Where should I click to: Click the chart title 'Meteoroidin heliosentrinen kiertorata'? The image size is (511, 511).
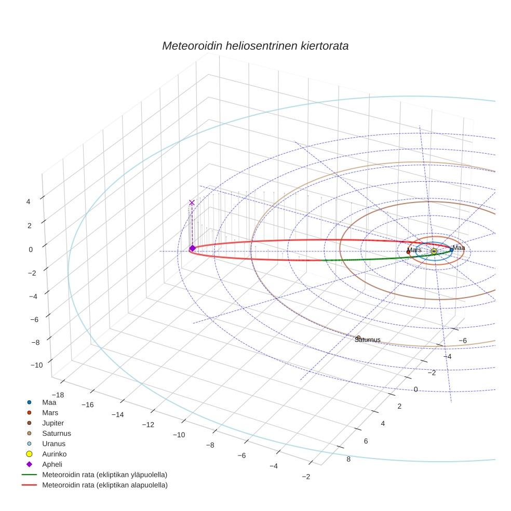click(x=255, y=46)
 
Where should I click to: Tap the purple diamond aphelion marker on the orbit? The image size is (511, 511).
click(x=192, y=248)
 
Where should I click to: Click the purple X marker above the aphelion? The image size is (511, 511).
click(x=192, y=203)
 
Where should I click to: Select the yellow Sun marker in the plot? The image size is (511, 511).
click(x=434, y=251)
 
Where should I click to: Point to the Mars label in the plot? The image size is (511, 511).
click(x=415, y=250)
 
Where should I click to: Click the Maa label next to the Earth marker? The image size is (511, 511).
click(x=459, y=248)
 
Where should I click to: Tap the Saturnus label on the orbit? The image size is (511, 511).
click(x=368, y=340)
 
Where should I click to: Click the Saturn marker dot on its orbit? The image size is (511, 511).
click(x=358, y=338)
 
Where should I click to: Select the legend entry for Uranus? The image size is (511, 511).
click(x=53, y=443)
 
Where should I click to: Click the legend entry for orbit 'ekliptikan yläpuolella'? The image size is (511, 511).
click(x=104, y=475)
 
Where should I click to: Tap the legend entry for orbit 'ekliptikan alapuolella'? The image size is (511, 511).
click(x=104, y=485)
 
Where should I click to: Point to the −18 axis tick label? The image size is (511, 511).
click(x=58, y=395)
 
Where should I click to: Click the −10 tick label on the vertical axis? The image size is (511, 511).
click(x=36, y=365)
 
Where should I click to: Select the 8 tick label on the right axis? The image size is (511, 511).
click(x=348, y=459)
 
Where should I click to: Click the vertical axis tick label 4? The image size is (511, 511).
click(x=30, y=201)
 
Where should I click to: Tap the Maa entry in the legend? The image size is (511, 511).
click(x=49, y=402)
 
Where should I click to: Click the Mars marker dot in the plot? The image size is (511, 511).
click(x=408, y=252)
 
